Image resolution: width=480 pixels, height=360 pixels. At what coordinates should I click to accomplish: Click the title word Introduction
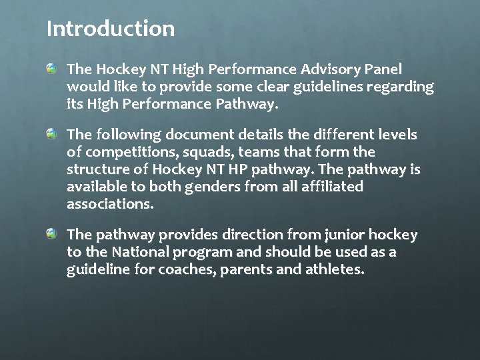pyautogui.click(x=111, y=29)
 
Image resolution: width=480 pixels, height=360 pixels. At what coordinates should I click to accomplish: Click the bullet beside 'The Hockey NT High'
pyautogui.click(x=52, y=69)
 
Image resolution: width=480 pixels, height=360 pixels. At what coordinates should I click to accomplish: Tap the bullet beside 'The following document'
pyautogui.click(x=52, y=135)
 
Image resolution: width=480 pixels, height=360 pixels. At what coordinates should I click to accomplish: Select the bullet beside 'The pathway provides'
pyautogui.click(x=52, y=235)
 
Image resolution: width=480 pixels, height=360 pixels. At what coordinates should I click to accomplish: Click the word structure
pyautogui.click(x=97, y=170)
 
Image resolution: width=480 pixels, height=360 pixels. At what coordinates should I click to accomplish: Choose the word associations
pyautogui.click(x=110, y=204)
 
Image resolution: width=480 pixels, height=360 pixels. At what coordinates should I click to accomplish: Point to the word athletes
pyautogui.click(x=331, y=270)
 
